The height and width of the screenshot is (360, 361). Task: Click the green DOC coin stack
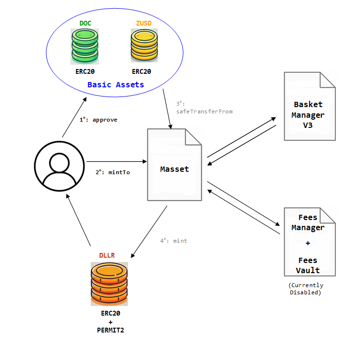tap(84, 45)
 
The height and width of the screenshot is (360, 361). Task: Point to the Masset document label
tap(175, 169)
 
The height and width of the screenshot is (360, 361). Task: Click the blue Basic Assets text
tap(116, 85)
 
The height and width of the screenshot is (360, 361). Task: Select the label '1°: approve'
tap(98, 120)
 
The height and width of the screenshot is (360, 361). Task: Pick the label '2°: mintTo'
tap(112, 172)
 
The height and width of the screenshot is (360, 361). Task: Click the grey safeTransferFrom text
tap(204, 111)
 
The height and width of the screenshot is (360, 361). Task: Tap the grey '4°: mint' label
tap(174, 240)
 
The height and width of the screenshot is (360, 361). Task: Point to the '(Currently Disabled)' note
tap(305, 289)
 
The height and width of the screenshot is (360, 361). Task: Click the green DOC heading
tap(85, 23)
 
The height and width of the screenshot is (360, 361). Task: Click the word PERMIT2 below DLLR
tap(110, 330)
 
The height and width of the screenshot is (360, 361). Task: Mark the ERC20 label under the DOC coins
tap(85, 71)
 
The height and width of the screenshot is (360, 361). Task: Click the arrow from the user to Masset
tap(116, 162)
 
